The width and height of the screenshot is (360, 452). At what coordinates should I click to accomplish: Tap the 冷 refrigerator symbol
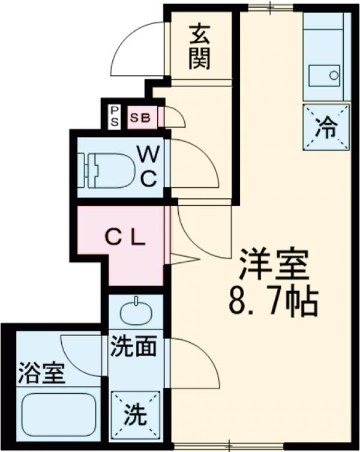pos(326,127)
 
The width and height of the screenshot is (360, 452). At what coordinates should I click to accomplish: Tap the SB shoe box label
pos(140,117)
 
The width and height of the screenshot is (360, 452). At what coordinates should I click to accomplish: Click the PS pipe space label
pos(113,116)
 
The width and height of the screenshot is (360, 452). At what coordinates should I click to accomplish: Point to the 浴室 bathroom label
pos(40,375)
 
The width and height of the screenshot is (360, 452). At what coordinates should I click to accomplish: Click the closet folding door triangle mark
pos(183,259)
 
